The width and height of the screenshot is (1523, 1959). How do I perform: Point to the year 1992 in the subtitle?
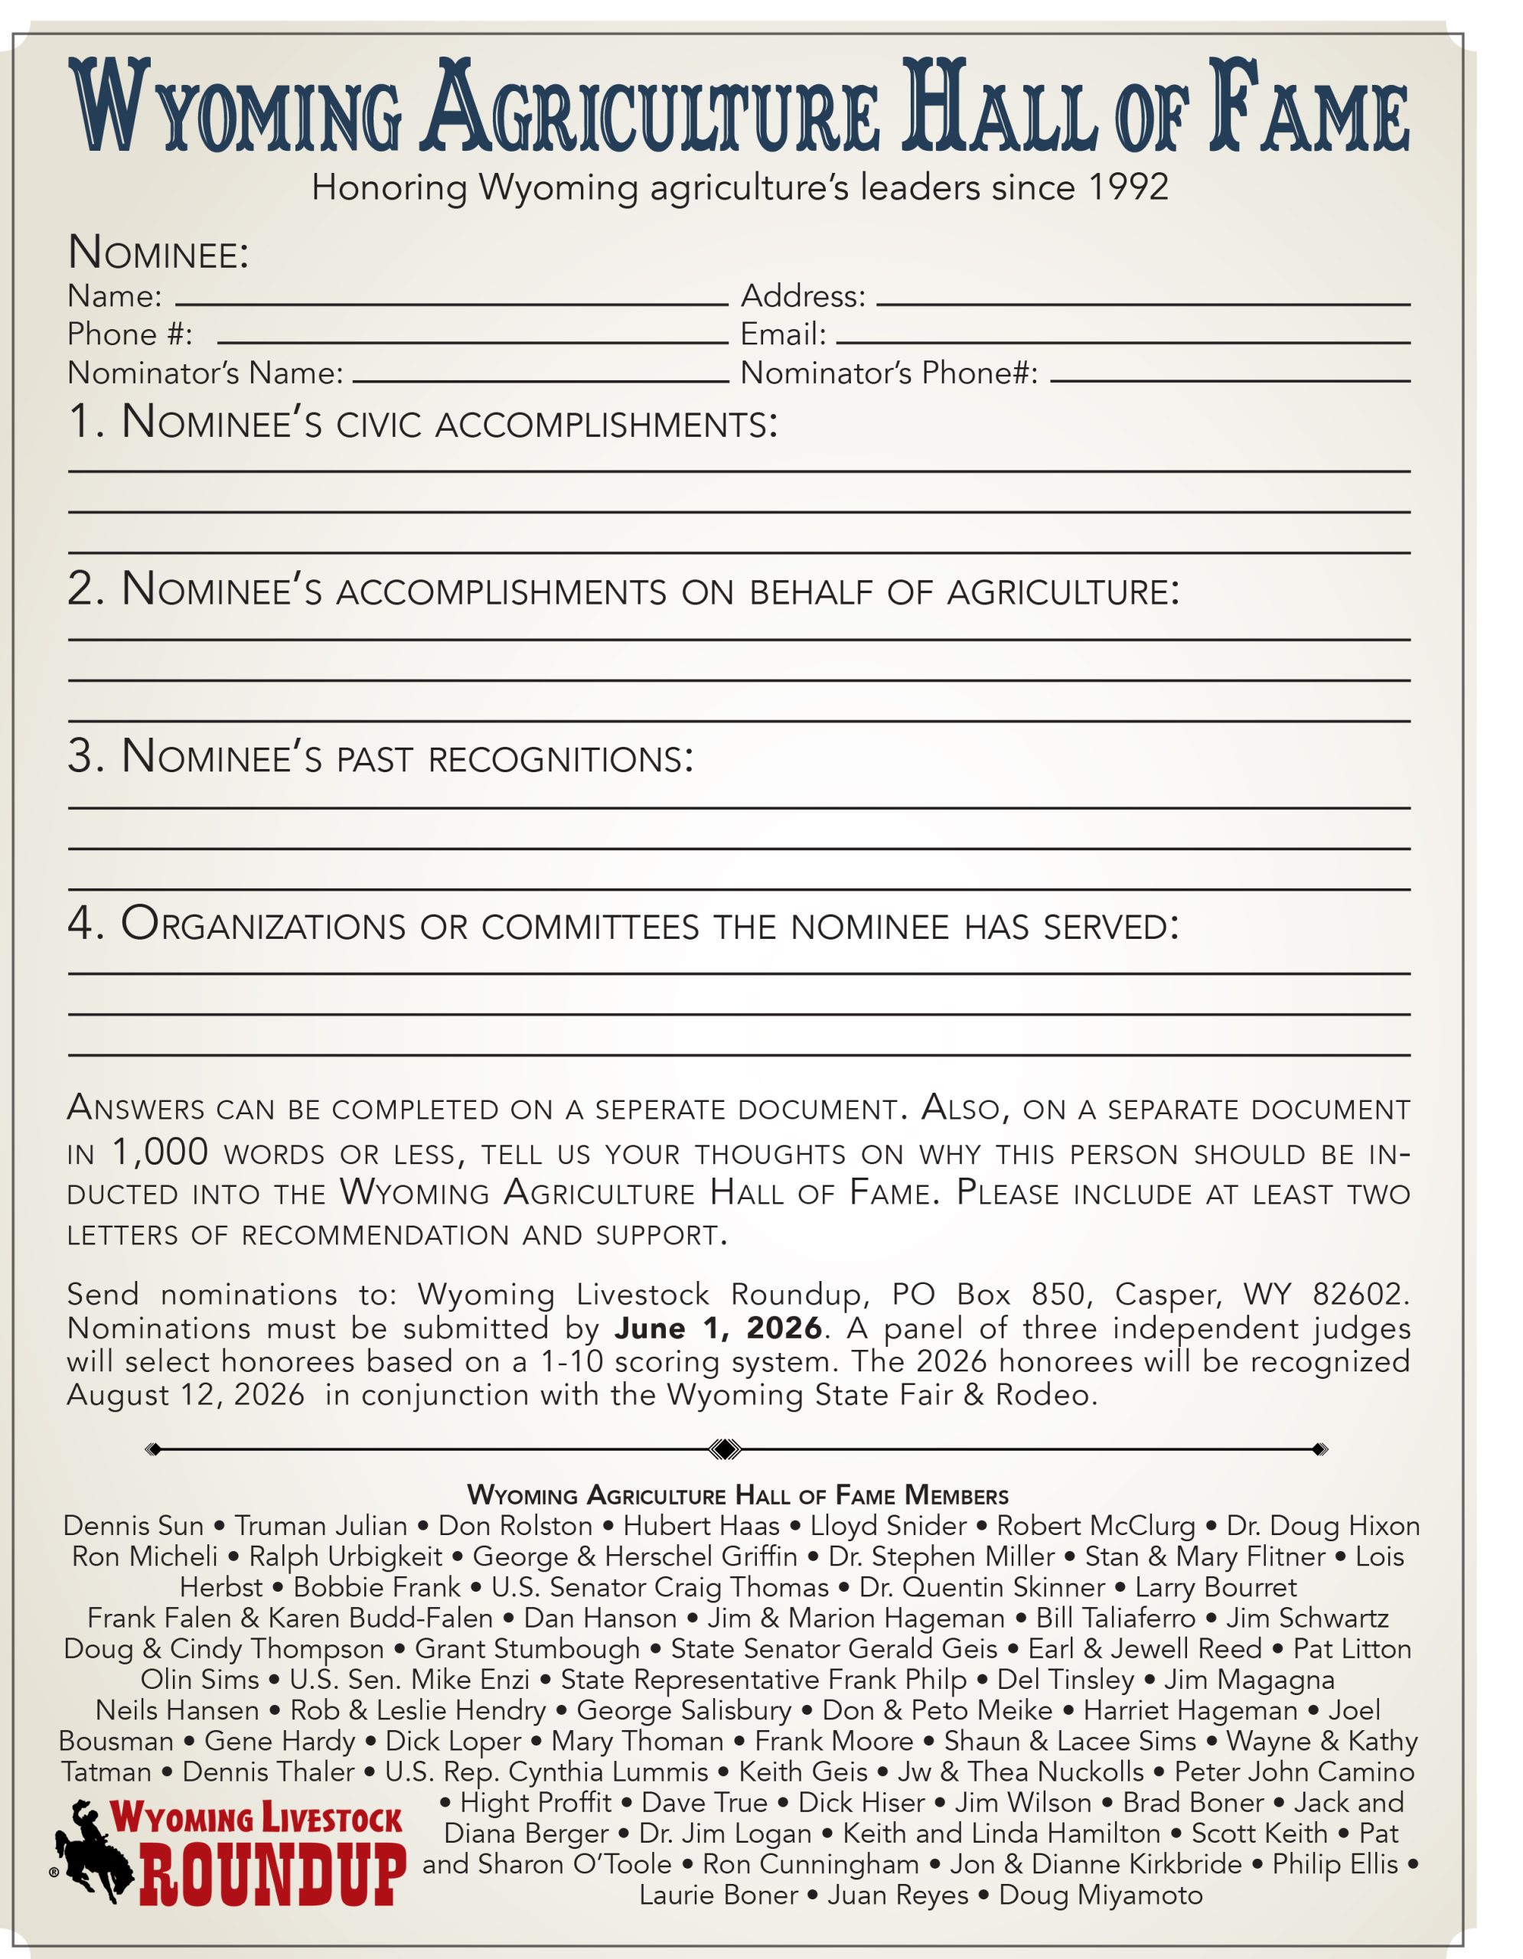[1127, 187]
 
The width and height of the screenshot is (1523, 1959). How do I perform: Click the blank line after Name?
[451, 303]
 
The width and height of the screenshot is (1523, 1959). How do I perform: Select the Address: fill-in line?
[1143, 303]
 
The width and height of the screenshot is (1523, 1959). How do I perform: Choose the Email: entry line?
[1122, 342]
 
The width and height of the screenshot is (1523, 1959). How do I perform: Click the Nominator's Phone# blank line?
[1230, 380]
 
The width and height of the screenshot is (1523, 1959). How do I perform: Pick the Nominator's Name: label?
[205, 372]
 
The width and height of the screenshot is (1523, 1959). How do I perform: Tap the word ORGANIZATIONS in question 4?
[263, 924]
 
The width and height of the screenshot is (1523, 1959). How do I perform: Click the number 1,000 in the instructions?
[161, 1152]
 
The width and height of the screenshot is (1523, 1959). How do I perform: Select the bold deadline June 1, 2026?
[719, 1328]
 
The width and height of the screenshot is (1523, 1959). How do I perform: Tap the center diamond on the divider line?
[725, 1449]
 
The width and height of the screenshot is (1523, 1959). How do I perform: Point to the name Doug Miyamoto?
[1101, 1895]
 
